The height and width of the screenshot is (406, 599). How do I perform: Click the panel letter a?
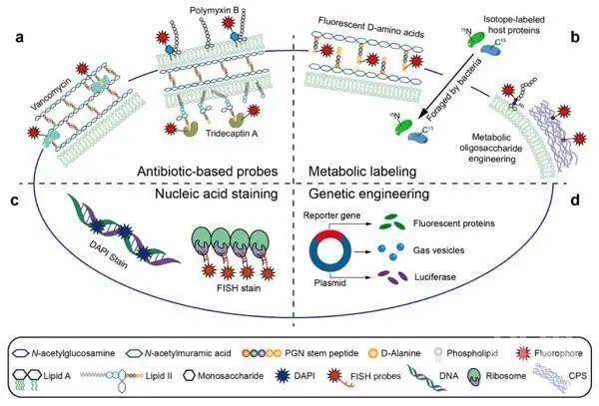click(x=20, y=38)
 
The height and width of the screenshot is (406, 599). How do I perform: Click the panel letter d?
click(x=575, y=200)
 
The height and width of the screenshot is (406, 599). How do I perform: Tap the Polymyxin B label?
click(x=215, y=10)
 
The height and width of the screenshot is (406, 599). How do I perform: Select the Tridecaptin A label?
click(x=232, y=134)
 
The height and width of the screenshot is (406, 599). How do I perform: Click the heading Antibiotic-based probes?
click(x=207, y=172)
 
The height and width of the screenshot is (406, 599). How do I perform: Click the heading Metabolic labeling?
click(x=362, y=172)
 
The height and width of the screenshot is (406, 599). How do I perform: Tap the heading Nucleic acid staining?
click(x=217, y=194)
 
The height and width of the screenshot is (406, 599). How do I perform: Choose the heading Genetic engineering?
click(x=368, y=194)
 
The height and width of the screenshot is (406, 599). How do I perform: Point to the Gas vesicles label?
click(x=438, y=250)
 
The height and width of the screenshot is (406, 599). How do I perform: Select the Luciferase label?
click(x=435, y=276)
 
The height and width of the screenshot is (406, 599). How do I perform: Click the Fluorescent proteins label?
click(x=454, y=223)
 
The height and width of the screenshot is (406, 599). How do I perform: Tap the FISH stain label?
click(x=239, y=288)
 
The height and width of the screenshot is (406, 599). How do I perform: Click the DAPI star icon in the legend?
click(x=283, y=376)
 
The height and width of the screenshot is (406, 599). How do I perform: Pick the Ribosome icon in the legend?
click(x=473, y=376)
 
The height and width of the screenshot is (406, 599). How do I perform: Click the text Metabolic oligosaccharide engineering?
click(x=491, y=148)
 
